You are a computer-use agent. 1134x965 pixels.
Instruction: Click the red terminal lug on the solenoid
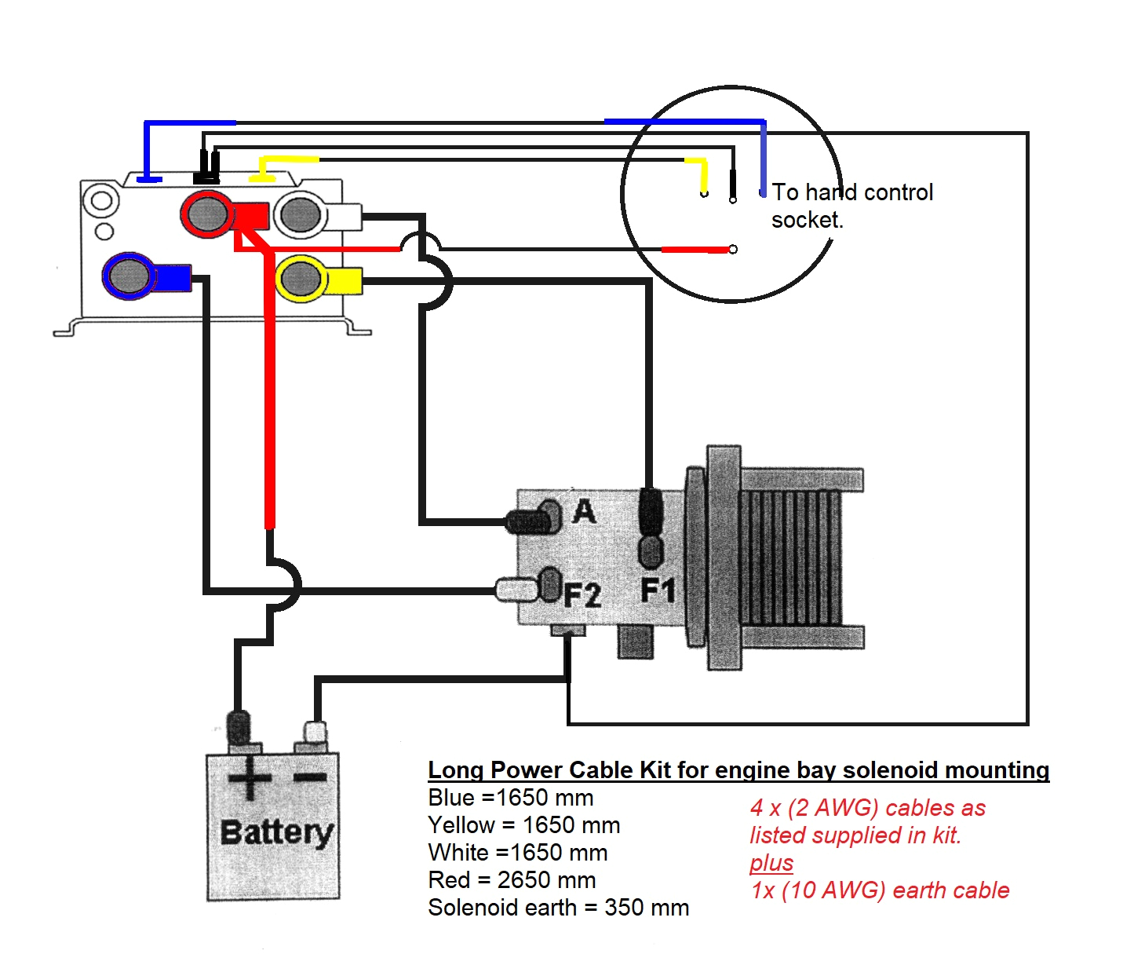[x=207, y=213]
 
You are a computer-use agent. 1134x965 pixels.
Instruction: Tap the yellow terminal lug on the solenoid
[x=302, y=279]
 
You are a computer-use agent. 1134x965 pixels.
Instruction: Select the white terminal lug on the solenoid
[x=301, y=214]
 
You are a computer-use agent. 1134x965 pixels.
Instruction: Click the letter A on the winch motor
[x=584, y=512]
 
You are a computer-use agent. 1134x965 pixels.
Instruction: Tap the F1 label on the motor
[x=657, y=590]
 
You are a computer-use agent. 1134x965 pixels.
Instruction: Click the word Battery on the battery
[x=276, y=832]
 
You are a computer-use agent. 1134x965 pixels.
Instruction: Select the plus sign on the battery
[x=250, y=779]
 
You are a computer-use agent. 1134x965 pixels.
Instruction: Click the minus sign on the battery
[x=311, y=778]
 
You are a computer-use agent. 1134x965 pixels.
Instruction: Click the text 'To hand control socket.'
[x=851, y=206]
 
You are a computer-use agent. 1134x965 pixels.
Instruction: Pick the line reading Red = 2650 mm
[x=512, y=880]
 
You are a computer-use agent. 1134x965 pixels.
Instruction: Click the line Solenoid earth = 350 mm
[x=558, y=908]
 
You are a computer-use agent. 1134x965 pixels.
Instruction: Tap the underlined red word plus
[x=771, y=863]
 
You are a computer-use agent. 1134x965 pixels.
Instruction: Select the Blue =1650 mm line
[x=510, y=798]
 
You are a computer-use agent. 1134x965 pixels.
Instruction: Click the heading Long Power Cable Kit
[x=738, y=770]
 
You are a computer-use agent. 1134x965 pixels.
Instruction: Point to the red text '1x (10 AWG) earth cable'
[x=880, y=890]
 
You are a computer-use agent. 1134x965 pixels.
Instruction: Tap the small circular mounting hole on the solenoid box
[x=103, y=231]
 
